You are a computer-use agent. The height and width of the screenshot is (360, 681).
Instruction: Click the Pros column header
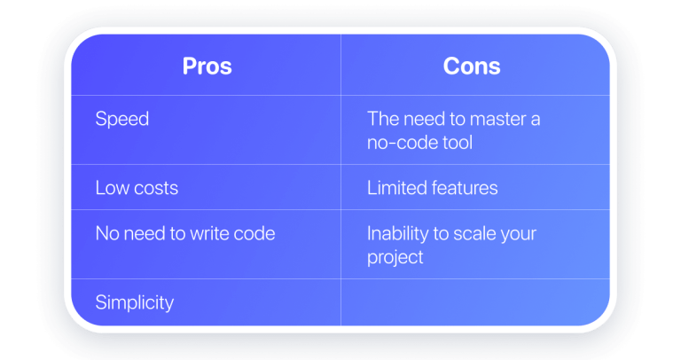pos(206,67)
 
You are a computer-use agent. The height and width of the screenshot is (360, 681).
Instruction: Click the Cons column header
pos(471,67)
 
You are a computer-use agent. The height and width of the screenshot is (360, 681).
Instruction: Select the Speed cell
pos(122,119)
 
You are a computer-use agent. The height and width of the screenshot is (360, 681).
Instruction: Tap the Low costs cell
pos(137,188)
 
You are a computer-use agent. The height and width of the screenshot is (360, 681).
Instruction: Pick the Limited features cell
pos(432,188)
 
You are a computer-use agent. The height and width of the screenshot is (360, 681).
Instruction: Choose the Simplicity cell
pos(135,302)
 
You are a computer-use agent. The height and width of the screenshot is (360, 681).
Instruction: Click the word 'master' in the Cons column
pos(482,119)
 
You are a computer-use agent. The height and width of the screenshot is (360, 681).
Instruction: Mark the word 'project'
pos(395,257)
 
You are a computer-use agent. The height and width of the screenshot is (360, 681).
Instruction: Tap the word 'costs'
pos(154,188)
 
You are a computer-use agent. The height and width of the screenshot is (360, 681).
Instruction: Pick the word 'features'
pos(464,188)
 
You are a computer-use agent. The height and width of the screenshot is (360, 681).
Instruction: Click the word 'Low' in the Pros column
pos(111,188)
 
